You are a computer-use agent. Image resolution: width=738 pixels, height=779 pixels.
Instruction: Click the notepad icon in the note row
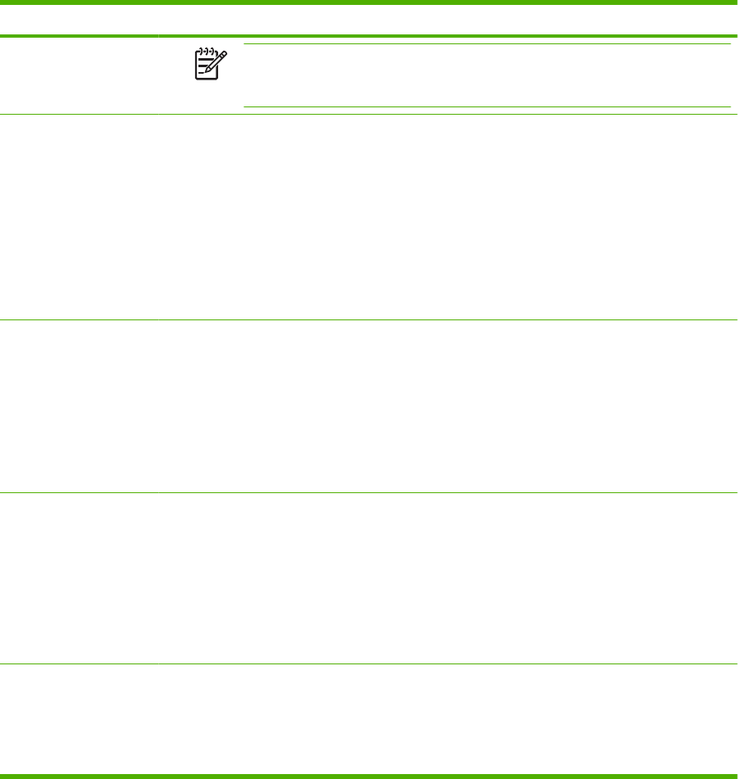[x=209, y=63]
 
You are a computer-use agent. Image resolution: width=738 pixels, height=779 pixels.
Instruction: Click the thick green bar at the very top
[x=369, y=2]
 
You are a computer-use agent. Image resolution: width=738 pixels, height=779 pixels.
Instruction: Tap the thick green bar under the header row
[x=369, y=36]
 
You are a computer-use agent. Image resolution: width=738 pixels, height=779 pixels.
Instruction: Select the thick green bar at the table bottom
[x=369, y=775]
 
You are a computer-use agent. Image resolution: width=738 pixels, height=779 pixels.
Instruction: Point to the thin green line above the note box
[x=487, y=44]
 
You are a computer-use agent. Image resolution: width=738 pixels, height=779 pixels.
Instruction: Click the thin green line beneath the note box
[x=487, y=106]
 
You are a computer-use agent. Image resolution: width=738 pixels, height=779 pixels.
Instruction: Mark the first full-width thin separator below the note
[x=369, y=114]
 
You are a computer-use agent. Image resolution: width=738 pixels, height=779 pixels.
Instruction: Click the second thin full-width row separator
[x=369, y=319]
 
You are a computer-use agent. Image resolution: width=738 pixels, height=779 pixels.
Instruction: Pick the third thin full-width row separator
[x=369, y=492]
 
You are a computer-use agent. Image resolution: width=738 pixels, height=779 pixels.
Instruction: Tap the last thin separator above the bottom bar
[x=369, y=664]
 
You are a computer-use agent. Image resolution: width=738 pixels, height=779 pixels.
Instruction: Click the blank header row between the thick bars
[x=369, y=20]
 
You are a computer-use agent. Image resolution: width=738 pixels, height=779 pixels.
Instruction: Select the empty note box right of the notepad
[x=487, y=75]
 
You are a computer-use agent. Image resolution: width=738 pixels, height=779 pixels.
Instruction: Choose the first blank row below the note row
[x=369, y=217]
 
